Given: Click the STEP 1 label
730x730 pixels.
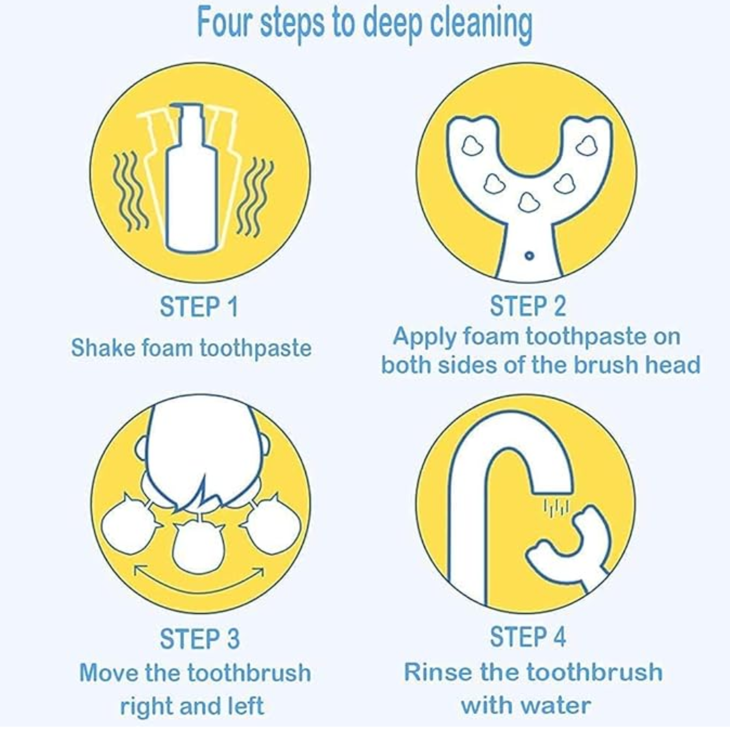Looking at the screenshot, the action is [x=199, y=307].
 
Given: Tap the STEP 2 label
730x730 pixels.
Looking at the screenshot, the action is [x=528, y=306].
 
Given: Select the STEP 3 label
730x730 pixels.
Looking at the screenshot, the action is [x=199, y=638].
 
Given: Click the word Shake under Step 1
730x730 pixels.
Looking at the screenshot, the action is [x=103, y=348].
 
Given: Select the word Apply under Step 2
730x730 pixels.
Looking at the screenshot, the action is [x=424, y=338].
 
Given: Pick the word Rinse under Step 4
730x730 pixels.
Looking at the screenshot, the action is [x=434, y=672].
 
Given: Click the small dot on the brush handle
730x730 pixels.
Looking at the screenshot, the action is [x=529, y=255].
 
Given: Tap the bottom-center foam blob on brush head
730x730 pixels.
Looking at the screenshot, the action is [x=528, y=202].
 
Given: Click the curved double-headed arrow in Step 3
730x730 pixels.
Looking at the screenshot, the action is [x=199, y=580].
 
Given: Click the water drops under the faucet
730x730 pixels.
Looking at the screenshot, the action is [x=556, y=507].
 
